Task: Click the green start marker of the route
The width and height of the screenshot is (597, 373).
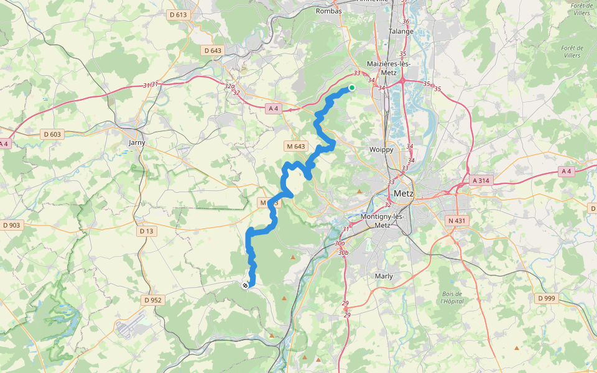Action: [351, 88]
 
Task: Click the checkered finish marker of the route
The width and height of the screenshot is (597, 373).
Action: [245, 285]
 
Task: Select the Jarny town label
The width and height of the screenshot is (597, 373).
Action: [136, 142]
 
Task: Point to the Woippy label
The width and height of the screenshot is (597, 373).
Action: [381, 150]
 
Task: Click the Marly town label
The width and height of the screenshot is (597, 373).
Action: [384, 275]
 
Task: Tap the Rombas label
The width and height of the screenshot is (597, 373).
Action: [329, 11]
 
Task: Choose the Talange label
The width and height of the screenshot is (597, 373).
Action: [400, 31]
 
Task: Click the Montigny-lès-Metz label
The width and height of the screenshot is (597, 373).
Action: [383, 221]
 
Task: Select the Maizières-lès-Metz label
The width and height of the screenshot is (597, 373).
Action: [386, 68]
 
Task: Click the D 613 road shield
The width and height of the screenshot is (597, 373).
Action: [178, 15]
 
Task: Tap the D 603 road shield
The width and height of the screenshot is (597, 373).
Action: [53, 134]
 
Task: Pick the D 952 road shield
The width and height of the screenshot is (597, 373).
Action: [152, 300]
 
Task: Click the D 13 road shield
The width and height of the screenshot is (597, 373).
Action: [146, 231]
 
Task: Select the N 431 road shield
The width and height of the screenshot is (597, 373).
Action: [456, 220]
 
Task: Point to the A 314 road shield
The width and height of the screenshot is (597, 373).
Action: [481, 180]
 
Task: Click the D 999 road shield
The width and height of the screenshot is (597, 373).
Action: [545, 298]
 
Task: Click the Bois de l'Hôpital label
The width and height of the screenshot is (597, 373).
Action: [452, 297]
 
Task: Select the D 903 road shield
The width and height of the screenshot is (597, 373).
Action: [12, 225]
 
